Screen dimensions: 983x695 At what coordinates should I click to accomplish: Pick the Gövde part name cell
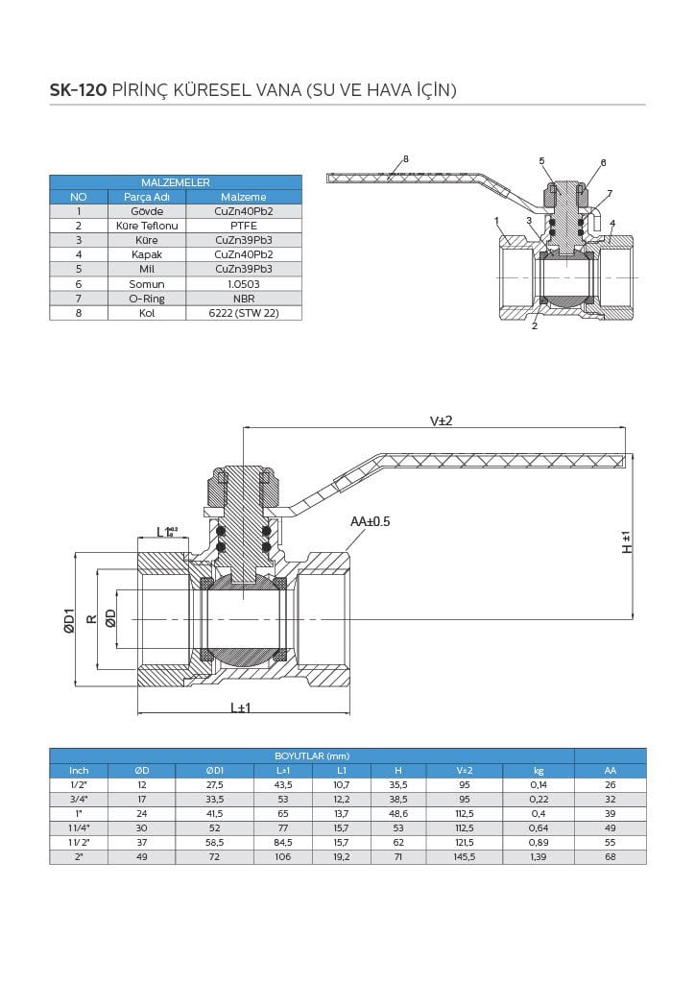point(146,211)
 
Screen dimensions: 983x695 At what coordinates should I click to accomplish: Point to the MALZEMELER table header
point(176,181)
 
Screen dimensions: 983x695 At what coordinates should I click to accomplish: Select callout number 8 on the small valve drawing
point(406,158)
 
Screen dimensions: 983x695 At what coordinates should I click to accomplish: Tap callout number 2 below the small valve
point(534,326)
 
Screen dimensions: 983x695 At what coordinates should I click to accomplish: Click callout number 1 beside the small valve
point(497,221)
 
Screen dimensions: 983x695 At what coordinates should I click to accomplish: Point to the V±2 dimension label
point(441,421)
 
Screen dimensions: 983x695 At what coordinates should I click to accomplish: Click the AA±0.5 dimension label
point(371,521)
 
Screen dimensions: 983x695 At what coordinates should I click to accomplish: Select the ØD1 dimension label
point(69,619)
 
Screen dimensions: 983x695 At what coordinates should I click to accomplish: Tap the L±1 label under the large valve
point(240,707)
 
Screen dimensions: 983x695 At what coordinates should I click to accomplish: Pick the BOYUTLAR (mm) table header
point(311,756)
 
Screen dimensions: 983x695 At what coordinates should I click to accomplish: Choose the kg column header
point(538,770)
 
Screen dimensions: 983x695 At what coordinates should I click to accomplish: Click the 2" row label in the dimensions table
point(79,856)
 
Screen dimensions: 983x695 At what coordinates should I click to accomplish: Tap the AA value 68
point(610,856)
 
